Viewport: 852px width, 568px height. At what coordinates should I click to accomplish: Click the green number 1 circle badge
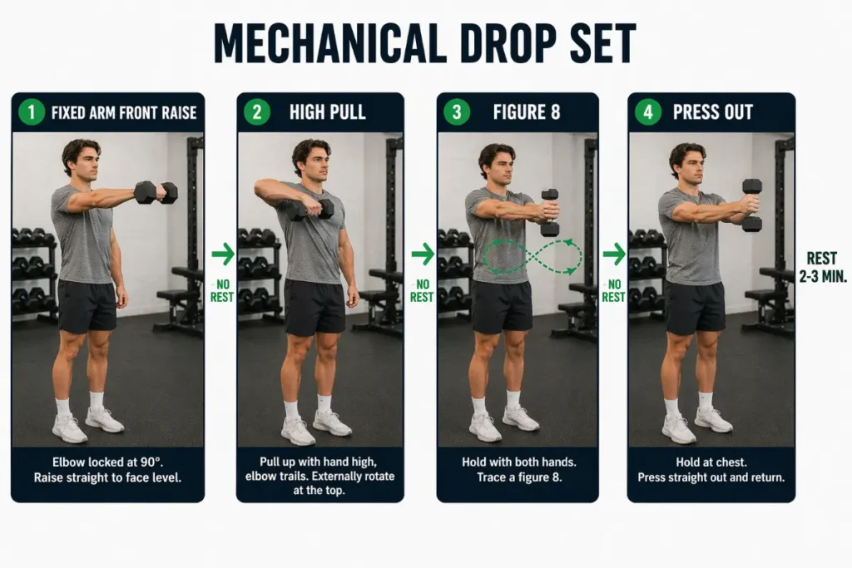31,111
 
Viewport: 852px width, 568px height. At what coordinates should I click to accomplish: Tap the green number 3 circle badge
456,111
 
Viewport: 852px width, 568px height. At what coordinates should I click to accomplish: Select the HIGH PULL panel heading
327,112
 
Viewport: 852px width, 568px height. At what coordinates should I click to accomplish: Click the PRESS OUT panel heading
712,112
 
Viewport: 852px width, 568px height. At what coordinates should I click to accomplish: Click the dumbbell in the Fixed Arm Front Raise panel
156,192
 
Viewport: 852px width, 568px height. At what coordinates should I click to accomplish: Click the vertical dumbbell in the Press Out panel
752,205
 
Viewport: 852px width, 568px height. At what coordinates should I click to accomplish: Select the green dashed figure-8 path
532,256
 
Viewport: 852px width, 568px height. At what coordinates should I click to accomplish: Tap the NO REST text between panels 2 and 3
422,290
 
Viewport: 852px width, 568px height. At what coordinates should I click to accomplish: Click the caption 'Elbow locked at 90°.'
107,462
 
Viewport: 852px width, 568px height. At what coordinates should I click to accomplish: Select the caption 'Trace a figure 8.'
518,477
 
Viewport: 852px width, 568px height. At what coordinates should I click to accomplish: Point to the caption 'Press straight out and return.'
711,477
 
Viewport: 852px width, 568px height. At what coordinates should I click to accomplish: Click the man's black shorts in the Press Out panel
695,306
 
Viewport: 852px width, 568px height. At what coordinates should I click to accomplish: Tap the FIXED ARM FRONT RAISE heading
124,112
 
